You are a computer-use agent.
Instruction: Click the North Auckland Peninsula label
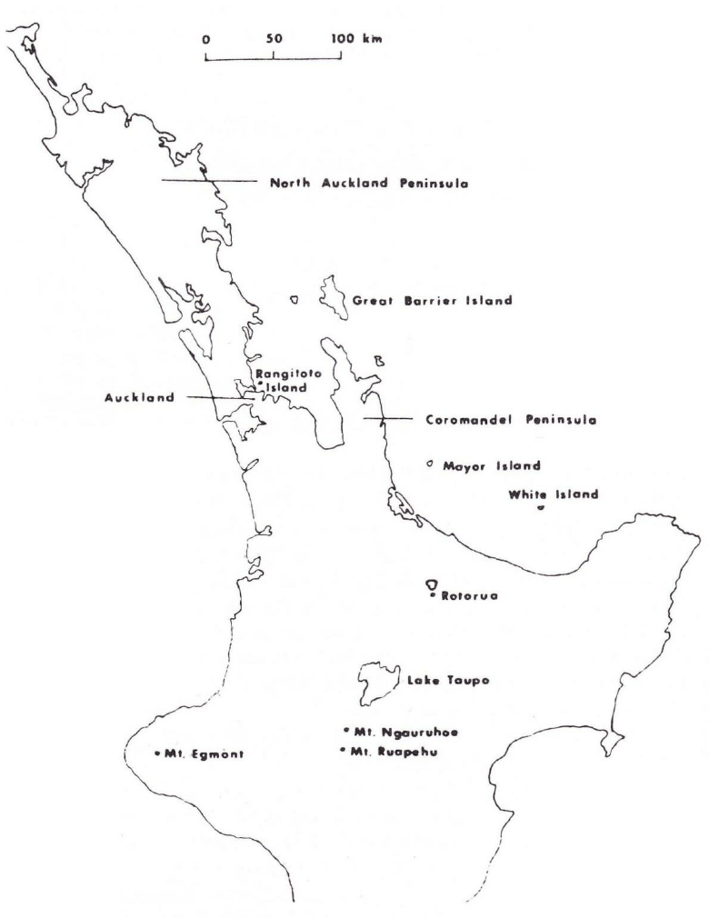click(369, 183)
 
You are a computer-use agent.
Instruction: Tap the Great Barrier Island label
click(433, 300)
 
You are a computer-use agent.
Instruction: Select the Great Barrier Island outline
click(334, 296)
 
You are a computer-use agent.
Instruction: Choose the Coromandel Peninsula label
click(497, 420)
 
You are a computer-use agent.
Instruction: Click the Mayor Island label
click(491, 466)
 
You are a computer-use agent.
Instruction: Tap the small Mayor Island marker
click(428, 464)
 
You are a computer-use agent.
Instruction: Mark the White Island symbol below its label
click(541, 508)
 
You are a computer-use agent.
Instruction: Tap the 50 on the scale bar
click(275, 40)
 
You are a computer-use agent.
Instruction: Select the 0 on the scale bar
click(206, 40)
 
